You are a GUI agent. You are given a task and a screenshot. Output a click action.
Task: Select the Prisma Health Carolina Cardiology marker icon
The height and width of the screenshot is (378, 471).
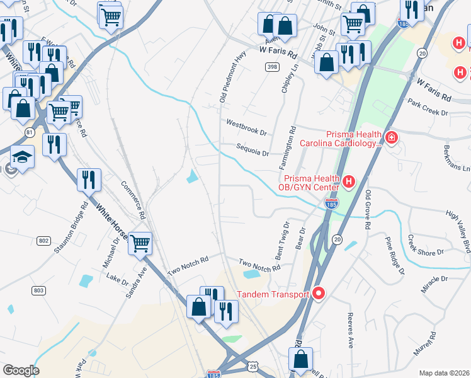[x=391, y=137]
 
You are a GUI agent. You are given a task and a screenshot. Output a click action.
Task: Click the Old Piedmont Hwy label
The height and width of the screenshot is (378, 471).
[x=230, y=77]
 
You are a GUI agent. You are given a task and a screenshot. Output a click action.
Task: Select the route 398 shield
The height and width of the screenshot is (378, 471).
[x=271, y=67]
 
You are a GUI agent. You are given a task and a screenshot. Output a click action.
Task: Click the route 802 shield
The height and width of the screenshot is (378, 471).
[x=43, y=241]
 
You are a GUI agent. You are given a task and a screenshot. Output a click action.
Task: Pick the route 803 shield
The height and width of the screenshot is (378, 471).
[x=38, y=290]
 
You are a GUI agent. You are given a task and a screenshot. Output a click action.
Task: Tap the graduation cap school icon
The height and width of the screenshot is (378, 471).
[x=22, y=157]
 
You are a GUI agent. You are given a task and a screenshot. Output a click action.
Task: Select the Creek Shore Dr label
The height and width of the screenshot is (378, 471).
[x=426, y=246]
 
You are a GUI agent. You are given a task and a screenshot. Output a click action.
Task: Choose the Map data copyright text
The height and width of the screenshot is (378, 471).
[x=445, y=373]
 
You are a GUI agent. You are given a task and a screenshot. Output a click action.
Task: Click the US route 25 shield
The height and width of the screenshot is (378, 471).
[x=253, y=366]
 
